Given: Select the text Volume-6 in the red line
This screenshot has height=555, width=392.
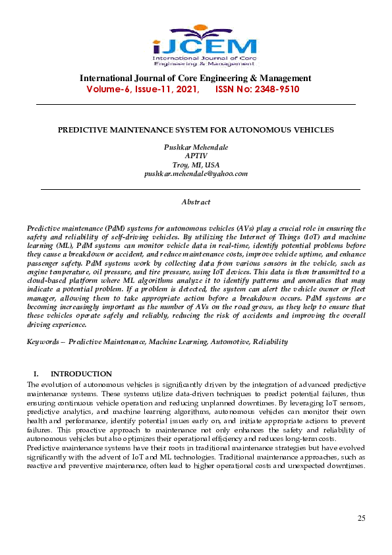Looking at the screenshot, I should (111, 89).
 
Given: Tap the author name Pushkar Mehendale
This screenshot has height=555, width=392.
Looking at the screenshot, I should (196, 147).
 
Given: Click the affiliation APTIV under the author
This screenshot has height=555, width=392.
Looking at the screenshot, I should (196, 156).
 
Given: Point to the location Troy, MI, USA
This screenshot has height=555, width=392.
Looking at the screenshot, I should (196, 165).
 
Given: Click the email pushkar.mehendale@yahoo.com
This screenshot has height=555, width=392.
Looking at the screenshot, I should (196, 173).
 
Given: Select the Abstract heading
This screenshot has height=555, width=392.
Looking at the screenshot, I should (196, 201).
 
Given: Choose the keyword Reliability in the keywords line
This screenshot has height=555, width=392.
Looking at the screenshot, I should (271, 342).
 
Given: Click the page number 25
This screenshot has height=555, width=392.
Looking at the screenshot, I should (361, 518).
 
